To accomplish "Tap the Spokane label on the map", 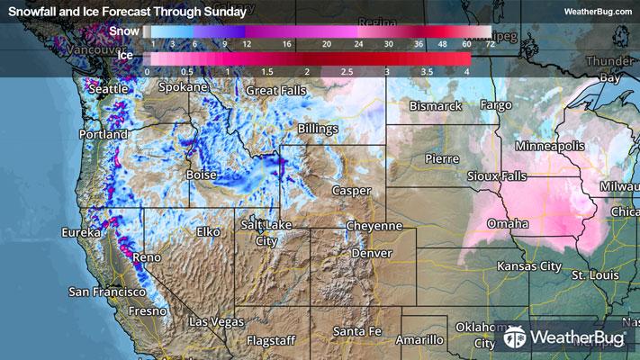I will [184, 88].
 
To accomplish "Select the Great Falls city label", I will [276, 91].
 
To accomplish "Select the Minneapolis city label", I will [550, 146].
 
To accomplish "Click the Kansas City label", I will [529, 267].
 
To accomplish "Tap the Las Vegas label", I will [216, 321].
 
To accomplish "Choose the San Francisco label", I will [107, 292].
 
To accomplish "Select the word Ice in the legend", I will [128, 57].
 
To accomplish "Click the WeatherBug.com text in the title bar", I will [599, 12].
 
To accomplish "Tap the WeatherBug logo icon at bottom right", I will [515, 338].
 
